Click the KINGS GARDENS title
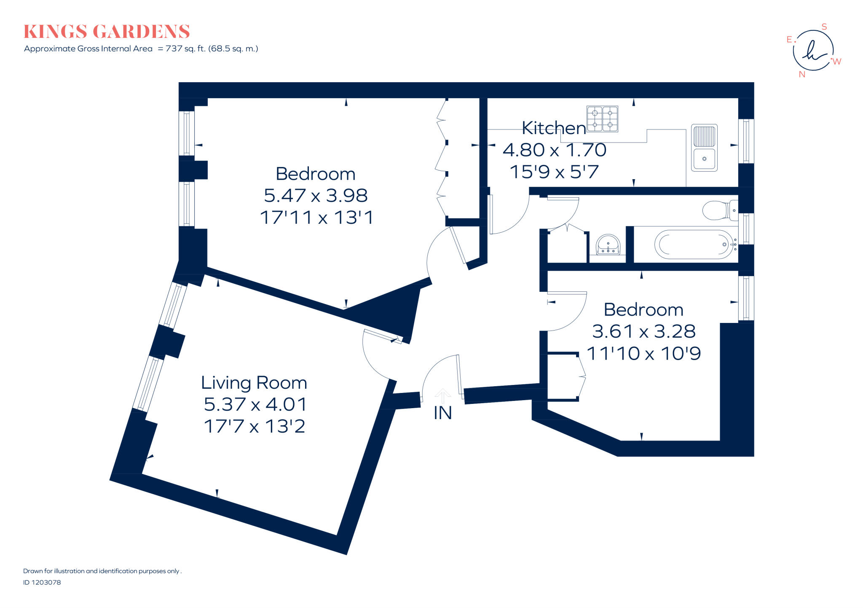pos(107,32)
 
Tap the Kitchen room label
pos(554,128)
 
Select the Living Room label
pos(254,382)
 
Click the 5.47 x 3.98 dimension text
pos(316,195)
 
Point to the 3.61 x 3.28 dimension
pos(643,331)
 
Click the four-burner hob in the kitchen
pos(602,118)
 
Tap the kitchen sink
pos(704,148)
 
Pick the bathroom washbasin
pos(608,245)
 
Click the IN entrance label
pos(442,413)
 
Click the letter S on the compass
pos(824,27)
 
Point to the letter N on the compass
pos(802,75)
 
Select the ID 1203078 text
pos(42,582)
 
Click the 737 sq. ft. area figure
pos(185,48)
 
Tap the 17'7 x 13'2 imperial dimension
pos(254,426)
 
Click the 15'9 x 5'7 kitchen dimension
pos(554,172)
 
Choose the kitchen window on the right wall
pos(746,141)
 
